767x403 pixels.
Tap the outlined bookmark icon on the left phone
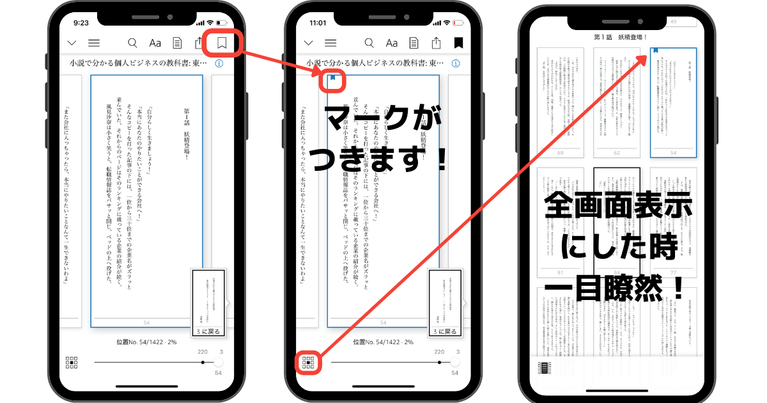click(x=222, y=43)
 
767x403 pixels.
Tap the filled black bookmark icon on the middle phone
click(x=458, y=43)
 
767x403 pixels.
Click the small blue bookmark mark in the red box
click(x=332, y=80)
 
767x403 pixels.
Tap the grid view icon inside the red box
click(x=308, y=363)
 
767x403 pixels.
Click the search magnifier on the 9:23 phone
click(x=132, y=43)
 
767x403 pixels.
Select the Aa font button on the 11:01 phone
click(x=392, y=43)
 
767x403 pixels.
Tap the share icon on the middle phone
click(x=436, y=43)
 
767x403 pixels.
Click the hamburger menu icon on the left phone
click(x=94, y=43)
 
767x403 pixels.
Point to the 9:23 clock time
click(x=81, y=22)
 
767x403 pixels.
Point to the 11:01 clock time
click(x=318, y=22)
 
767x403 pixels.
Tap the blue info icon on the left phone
click(x=219, y=64)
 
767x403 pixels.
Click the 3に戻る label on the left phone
click(x=208, y=332)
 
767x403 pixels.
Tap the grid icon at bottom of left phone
click(x=72, y=363)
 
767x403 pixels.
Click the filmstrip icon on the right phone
click(x=544, y=367)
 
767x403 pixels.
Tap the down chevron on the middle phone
click(x=308, y=43)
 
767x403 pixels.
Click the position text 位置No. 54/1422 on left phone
click(x=139, y=342)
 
